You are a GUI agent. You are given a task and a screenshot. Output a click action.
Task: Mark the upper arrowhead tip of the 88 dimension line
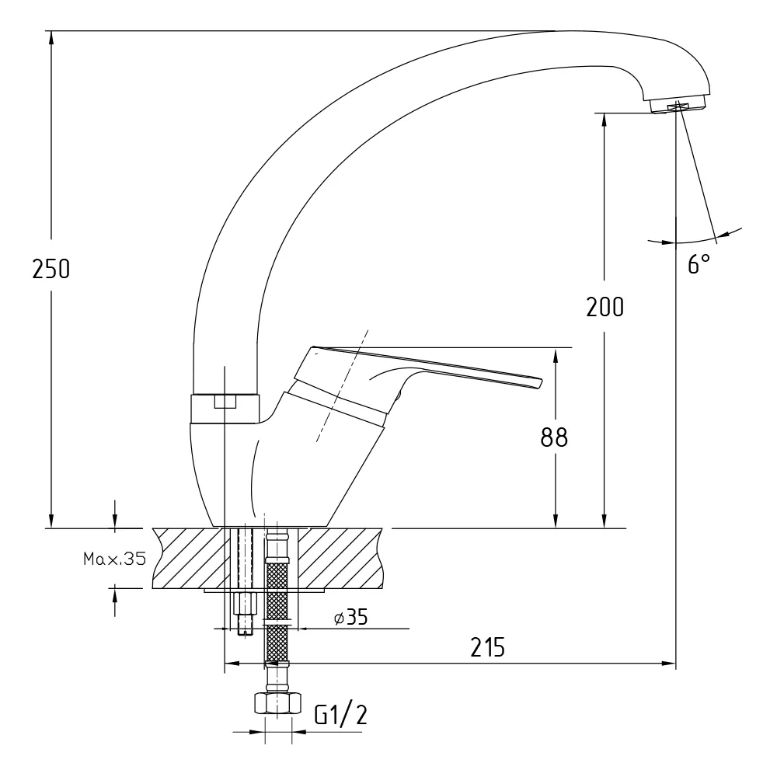pos(556,349)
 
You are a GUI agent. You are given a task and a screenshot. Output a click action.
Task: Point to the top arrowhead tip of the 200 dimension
pos(604,114)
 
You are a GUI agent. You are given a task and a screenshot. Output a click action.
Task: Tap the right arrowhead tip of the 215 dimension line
pos(675,663)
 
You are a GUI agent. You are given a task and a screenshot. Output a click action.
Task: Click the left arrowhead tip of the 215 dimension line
pos(225,663)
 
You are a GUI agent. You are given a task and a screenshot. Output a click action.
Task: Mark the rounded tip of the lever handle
pos(541,383)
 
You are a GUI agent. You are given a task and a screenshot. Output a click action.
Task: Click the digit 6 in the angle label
pos(693,263)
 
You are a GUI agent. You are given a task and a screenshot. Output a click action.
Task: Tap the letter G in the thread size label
pos(321,715)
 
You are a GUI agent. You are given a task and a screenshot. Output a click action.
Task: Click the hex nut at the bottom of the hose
pos(277,703)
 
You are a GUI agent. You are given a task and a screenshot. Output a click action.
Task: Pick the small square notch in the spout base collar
pos(225,401)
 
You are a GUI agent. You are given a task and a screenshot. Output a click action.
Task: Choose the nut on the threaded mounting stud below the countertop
pos(245,604)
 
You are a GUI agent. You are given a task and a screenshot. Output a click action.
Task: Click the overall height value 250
pos(51,269)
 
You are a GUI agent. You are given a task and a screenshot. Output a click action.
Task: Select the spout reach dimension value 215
pos(488,647)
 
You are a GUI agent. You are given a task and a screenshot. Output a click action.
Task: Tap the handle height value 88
pos(554,437)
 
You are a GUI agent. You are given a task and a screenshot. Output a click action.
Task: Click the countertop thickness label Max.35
pos(114,559)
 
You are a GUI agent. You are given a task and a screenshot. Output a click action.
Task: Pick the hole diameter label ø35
pos(351,618)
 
